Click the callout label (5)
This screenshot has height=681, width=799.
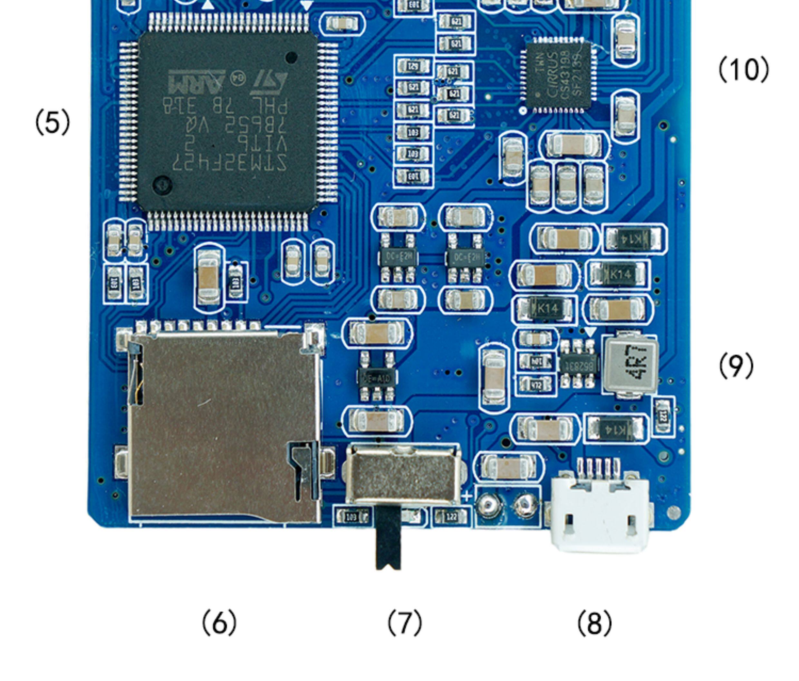pos(53,122)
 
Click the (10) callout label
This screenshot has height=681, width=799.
pos(743,69)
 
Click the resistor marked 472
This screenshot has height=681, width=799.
pos(535,385)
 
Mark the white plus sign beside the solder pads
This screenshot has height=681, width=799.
pos(467,497)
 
